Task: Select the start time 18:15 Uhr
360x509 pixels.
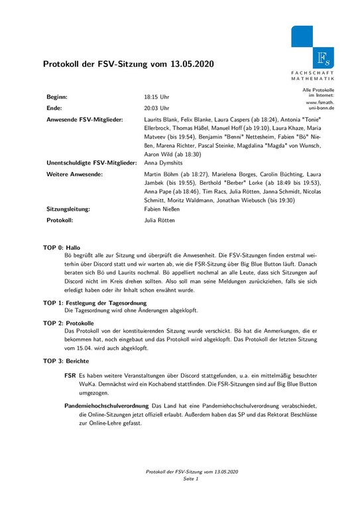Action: (156, 97)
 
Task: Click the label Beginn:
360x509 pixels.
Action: (57, 97)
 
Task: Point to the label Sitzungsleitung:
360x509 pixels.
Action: (68, 208)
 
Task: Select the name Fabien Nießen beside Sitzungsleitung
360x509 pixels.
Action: (162, 208)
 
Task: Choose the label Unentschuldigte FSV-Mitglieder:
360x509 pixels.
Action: (91, 162)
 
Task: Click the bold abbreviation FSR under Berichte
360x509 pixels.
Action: (70, 375)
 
